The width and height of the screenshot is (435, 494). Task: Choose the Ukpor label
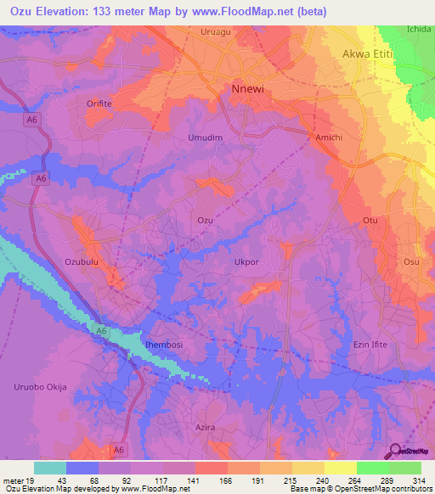click(246, 262)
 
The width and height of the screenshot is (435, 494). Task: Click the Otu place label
click(370, 221)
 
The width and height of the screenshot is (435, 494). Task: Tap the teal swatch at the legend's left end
click(49, 468)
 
